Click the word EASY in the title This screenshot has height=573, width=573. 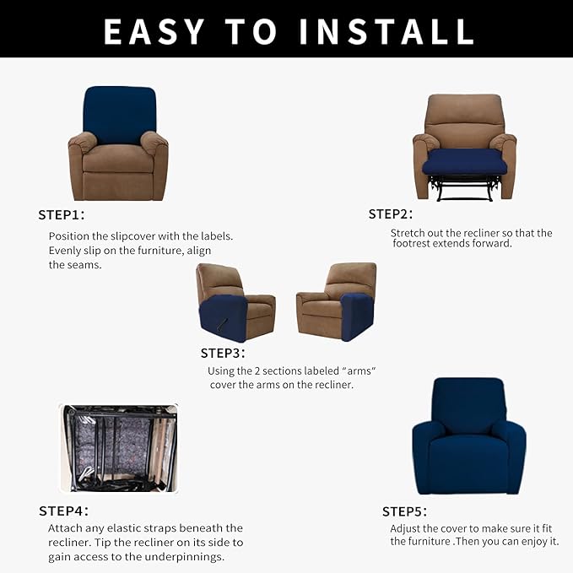[x=154, y=31]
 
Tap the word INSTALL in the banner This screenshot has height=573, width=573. [x=387, y=31]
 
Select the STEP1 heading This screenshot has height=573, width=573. [x=62, y=214]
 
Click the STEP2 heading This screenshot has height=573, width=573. [x=390, y=214]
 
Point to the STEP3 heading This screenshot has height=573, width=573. [x=223, y=353]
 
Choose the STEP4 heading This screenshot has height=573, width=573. [x=63, y=511]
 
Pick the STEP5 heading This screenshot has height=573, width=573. [x=404, y=511]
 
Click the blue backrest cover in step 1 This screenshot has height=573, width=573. [x=120, y=115]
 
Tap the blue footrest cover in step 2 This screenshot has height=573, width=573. [x=462, y=162]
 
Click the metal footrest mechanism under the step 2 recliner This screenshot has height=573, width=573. [x=462, y=188]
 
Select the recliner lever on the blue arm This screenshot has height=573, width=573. [x=223, y=323]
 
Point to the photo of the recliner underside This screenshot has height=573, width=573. [x=119, y=448]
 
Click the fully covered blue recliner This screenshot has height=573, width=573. [x=469, y=436]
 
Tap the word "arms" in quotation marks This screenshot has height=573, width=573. [x=359, y=371]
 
